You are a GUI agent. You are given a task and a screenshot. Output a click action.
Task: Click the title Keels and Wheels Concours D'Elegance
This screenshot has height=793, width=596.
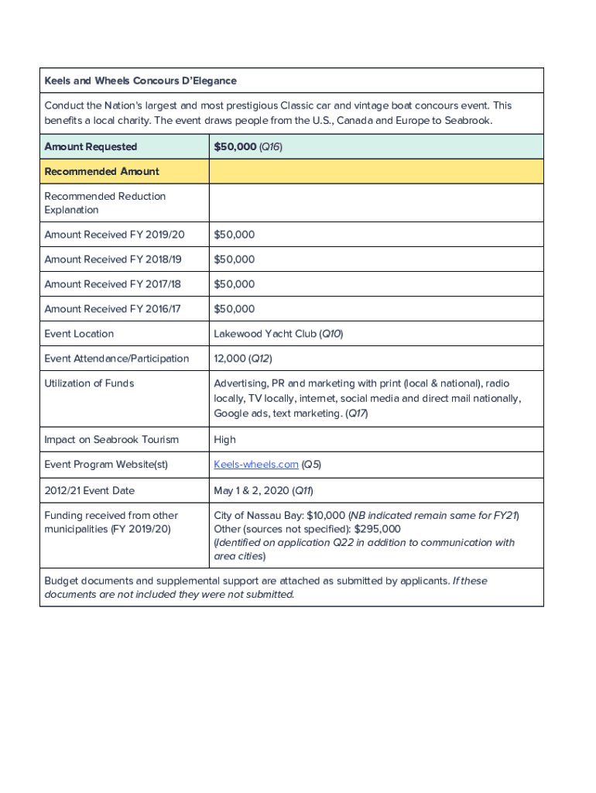coord(140,81)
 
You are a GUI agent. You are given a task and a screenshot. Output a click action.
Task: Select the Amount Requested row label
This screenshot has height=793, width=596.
coord(91,146)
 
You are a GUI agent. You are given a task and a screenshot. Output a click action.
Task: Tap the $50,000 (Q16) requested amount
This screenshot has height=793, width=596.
coord(248,146)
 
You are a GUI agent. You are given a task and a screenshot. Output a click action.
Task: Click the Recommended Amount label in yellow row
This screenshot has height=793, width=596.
coord(101,171)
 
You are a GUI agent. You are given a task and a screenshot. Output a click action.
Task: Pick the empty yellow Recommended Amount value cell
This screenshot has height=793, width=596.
coord(376,171)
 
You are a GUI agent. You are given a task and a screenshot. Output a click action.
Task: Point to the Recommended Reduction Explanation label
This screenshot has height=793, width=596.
coord(104,203)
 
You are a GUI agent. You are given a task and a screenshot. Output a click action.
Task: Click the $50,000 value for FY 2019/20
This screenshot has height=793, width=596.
coord(234,235)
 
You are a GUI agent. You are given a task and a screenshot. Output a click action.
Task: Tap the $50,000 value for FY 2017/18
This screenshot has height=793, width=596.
coord(234,284)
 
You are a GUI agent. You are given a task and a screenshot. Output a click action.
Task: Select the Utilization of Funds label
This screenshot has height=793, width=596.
coord(89,383)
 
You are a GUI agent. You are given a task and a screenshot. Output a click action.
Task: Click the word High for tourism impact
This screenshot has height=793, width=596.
coord(224,440)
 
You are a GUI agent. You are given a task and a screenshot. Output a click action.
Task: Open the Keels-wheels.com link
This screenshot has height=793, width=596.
coord(256,465)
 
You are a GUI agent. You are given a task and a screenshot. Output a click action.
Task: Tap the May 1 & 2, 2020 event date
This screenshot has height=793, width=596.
coord(255,490)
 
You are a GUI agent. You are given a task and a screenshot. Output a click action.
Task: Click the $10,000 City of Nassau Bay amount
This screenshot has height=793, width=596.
coord(326,516)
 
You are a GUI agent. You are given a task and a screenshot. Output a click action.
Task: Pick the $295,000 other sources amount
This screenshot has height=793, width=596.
coord(377,529)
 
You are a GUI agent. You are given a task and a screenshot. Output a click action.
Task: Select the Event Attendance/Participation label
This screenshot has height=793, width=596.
coord(116,359)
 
